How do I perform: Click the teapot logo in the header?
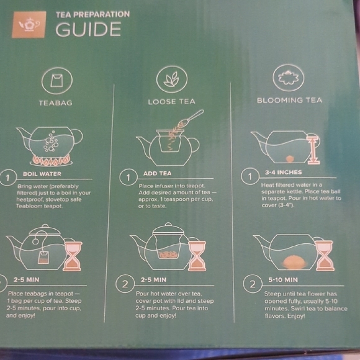tap(29, 24)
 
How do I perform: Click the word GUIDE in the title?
tap(88, 29)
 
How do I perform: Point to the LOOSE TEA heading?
tap(171, 101)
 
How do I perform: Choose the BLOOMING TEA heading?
tap(290, 100)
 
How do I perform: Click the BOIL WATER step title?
tap(42, 174)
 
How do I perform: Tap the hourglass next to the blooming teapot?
tap(323, 254)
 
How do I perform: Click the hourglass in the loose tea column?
tap(197, 256)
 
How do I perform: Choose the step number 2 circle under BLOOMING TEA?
tap(252, 285)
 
